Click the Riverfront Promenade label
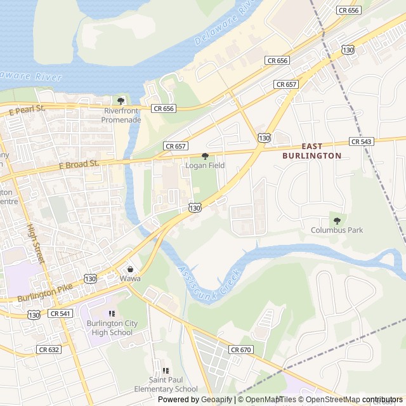122,115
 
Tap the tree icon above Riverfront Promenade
121,101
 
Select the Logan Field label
205,166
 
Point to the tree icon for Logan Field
205,156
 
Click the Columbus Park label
337,230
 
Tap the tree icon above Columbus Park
337,220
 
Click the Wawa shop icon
130,269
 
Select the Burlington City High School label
112,328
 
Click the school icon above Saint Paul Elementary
166,370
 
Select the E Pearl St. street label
27,110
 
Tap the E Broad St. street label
79,164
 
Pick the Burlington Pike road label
46,292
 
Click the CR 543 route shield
361,141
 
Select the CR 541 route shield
60,313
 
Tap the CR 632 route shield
48,350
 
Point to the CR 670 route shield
241,350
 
